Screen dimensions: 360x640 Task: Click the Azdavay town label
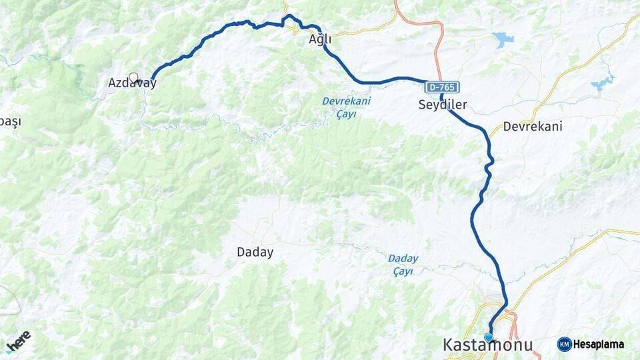[x=132, y=84]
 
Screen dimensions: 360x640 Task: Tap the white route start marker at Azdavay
[x=133, y=77]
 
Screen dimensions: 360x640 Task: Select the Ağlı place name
[x=320, y=40]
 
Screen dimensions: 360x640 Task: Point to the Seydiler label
[x=443, y=105]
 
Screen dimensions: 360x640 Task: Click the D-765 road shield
[x=441, y=87]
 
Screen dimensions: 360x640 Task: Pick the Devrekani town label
[x=533, y=126]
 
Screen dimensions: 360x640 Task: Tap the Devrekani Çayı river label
[x=346, y=107]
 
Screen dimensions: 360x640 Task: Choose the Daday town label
[x=255, y=252]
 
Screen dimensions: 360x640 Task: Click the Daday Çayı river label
[x=403, y=265]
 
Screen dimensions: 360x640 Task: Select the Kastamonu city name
[x=488, y=345]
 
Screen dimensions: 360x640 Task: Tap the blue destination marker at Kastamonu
[x=489, y=337]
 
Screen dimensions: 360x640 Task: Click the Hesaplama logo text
[x=598, y=345]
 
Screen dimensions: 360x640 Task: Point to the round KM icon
[x=565, y=345]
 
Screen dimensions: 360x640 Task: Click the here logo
[x=18, y=341]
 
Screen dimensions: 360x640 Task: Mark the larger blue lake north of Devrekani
[x=503, y=39]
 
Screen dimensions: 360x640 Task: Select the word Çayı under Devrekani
[x=346, y=114]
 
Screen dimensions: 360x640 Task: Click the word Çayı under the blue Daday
[x=403, y=271]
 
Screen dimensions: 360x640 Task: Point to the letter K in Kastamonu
[x=450, y=345]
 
